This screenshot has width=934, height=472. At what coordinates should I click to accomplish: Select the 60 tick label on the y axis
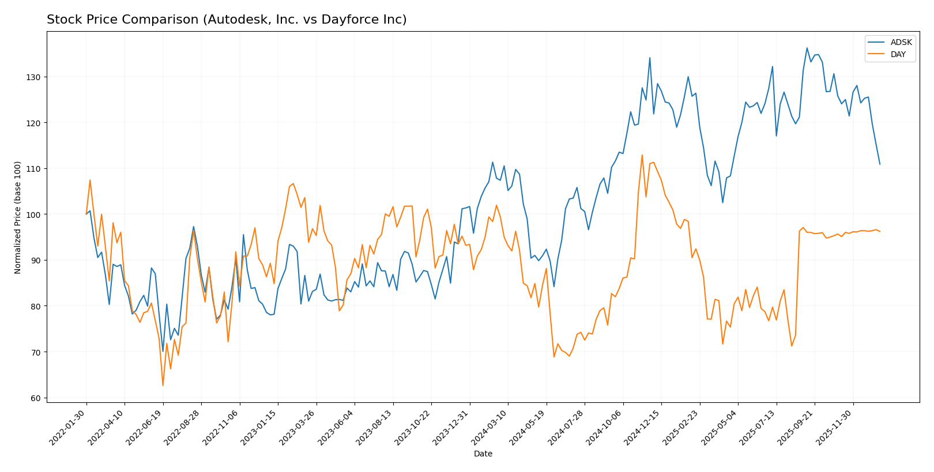36,398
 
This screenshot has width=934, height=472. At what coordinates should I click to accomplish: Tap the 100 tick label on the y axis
33,214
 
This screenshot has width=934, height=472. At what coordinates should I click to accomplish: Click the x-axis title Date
483,454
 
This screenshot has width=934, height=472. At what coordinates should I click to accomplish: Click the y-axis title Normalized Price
18,217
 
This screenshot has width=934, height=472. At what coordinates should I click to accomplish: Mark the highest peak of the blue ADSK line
807,48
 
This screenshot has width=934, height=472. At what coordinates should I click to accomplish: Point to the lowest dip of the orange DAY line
163,386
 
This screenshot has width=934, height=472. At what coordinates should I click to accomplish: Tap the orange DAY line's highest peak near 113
642,154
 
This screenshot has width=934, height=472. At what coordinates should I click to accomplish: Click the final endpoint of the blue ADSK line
880,164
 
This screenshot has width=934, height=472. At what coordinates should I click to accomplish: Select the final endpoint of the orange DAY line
880,232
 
